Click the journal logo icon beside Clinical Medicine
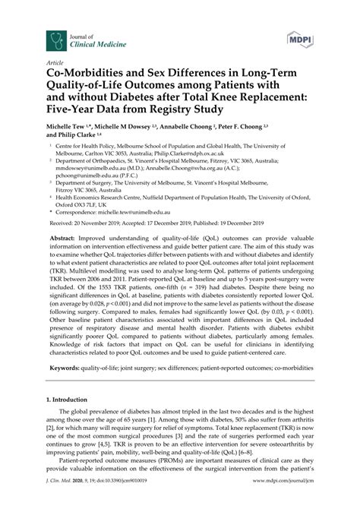[54, 39]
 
